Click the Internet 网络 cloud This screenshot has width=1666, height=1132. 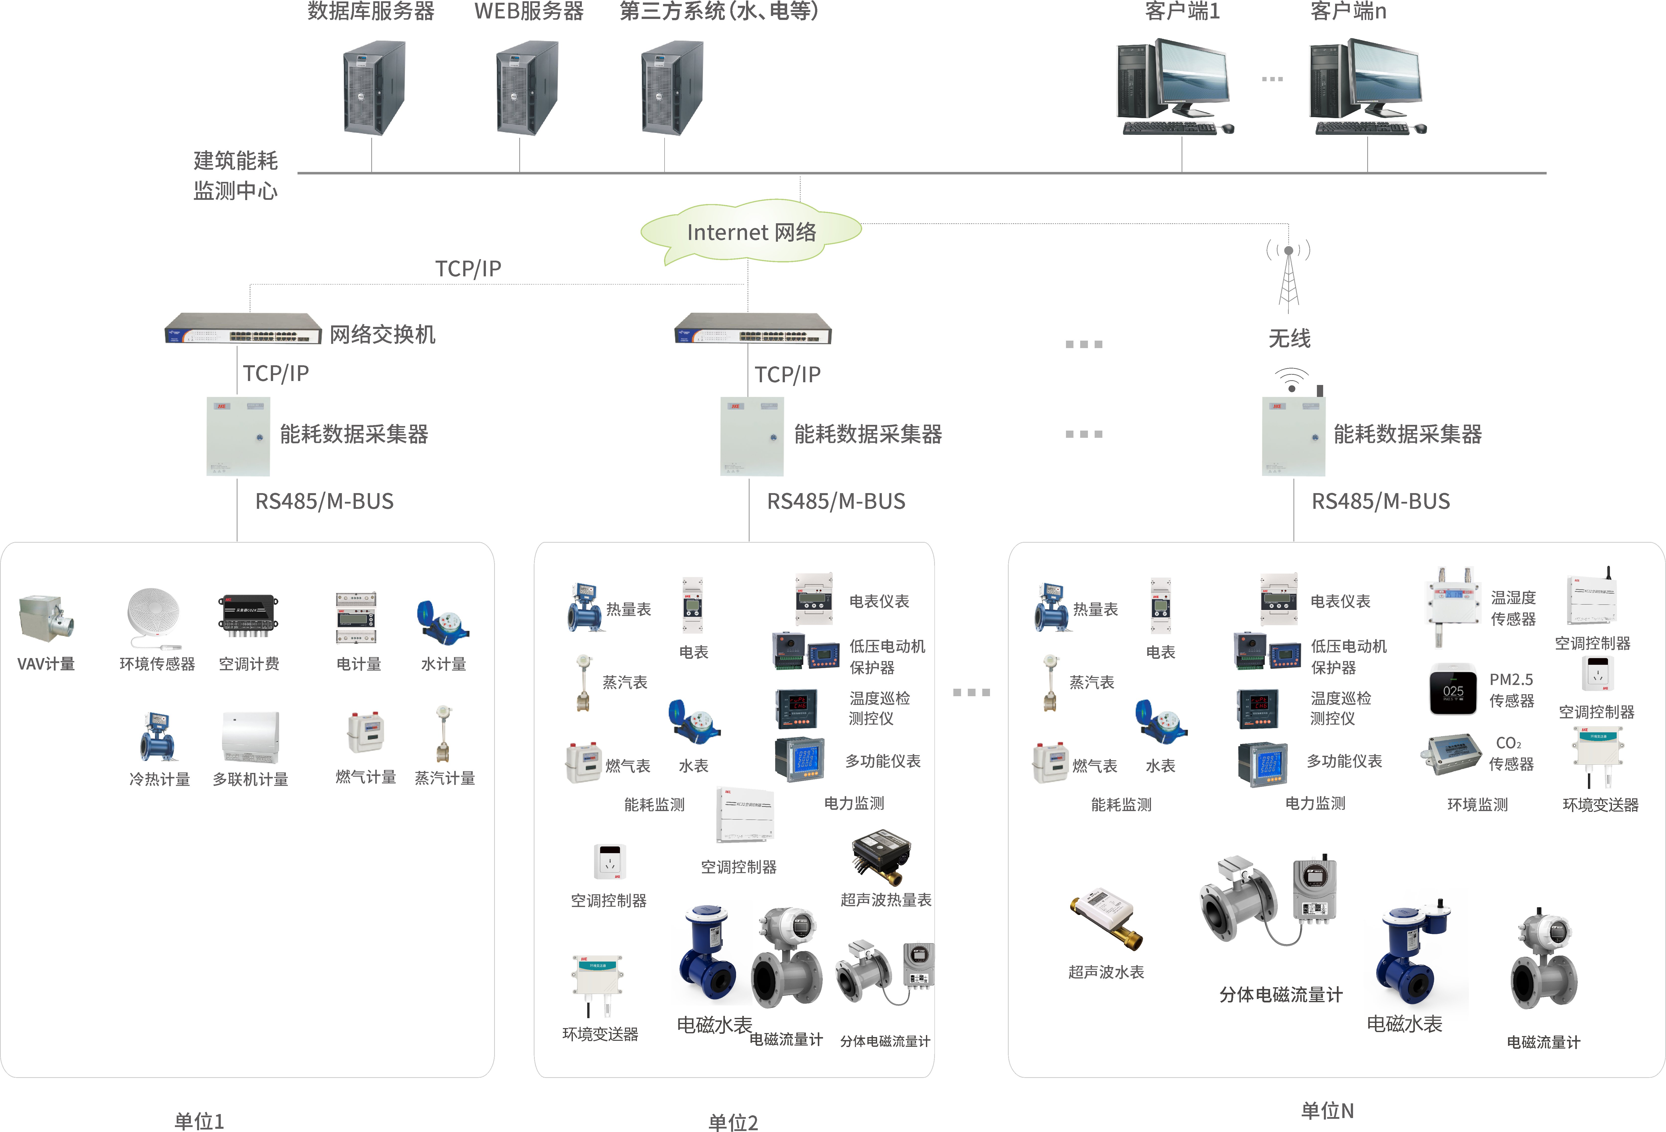point(751,231)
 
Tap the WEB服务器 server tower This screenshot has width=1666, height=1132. point(527,87)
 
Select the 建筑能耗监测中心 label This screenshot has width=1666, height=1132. point(235,176)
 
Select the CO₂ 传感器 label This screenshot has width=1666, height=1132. point(1511,754)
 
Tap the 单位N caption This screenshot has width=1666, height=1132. point(1327,1111)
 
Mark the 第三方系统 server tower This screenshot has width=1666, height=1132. point(672,87)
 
